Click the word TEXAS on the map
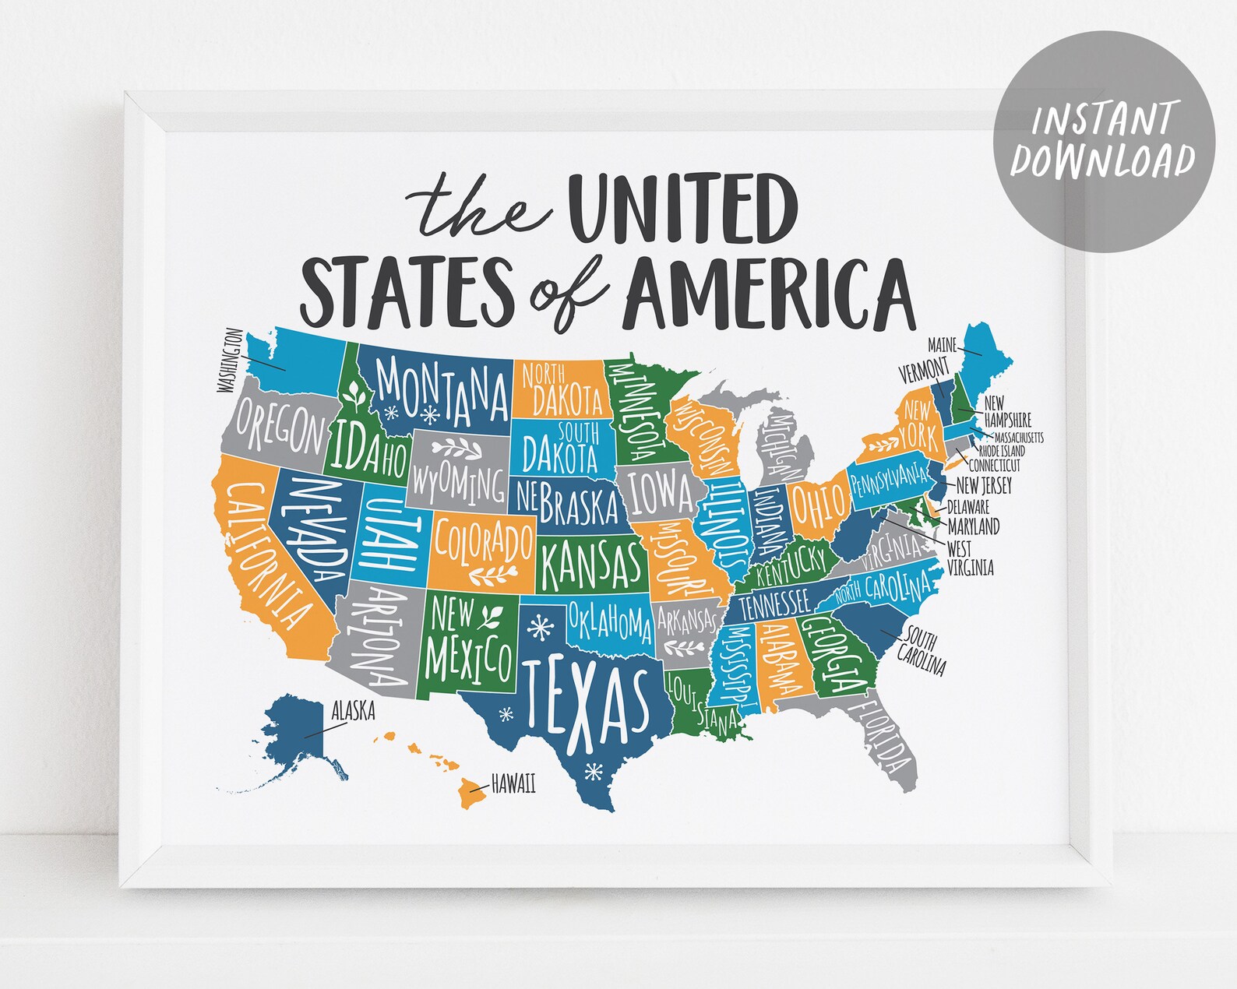(x=586, y=702)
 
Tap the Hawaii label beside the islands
(x=513, y=784)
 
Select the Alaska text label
(x=353, y=710)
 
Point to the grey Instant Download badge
(x=1103, y=140)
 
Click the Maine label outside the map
(x=942, y=344)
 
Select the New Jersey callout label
(x=984, y=485)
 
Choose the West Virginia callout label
(x=970, y=558)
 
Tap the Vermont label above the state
(x=924, y=370)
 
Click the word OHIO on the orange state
(x=819, y=503)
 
